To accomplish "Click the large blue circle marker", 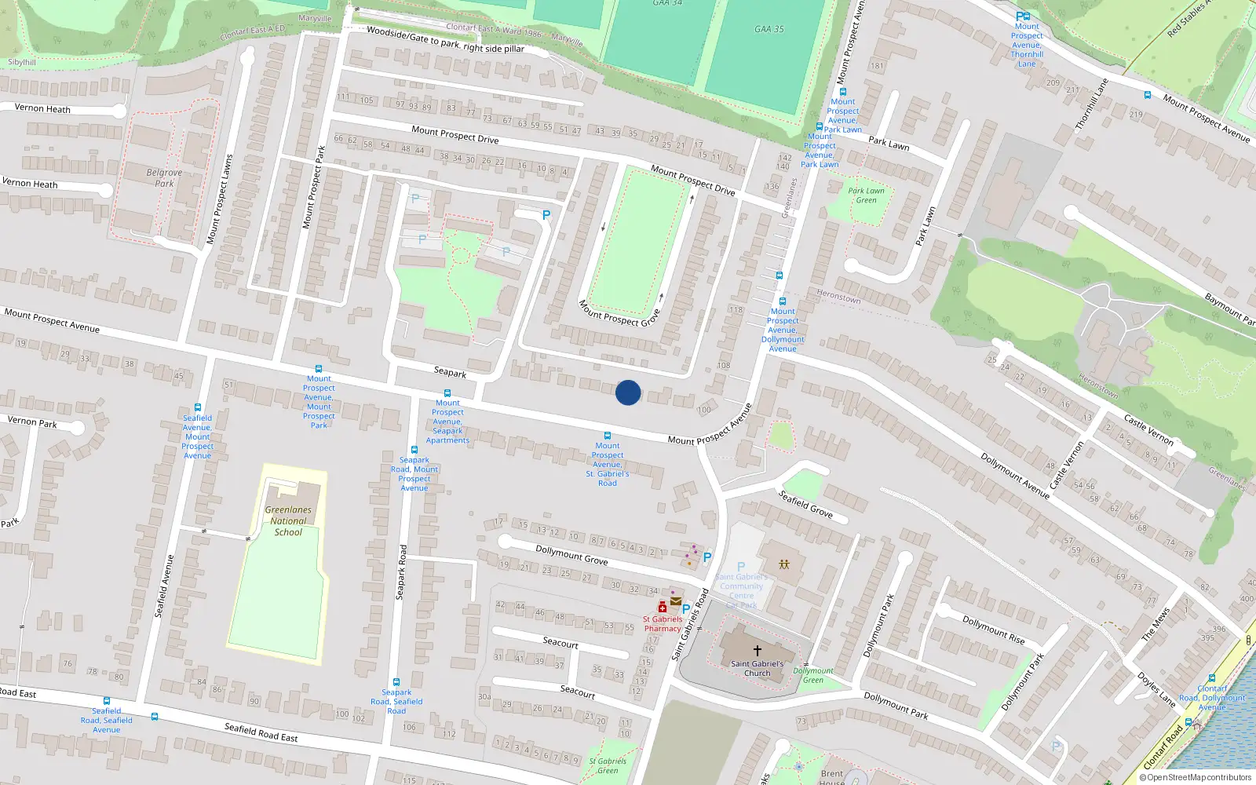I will point(628,392).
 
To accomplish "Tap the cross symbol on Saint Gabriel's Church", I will point(757,650).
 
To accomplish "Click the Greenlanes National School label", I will point(288,520).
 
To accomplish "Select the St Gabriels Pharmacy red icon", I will point(663,607).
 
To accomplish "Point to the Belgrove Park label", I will point(164,178).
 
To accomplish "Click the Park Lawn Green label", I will point(866,195).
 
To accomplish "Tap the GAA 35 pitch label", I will point(769,29).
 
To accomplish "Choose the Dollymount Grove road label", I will point(571,555).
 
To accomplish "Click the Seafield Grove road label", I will point(805,503).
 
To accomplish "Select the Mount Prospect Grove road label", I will point(619,312).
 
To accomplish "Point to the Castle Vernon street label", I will point(1148,430).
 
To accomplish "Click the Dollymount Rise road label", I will point(994,630).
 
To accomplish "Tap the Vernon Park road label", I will point(32,422).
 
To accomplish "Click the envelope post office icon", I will point(675,602).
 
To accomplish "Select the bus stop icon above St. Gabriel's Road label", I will point(607,436).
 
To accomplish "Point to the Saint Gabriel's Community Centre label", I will point(741,586).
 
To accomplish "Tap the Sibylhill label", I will point(22,62).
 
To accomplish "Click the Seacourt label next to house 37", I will point(560,642).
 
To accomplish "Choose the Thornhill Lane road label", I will point(1090,105).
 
